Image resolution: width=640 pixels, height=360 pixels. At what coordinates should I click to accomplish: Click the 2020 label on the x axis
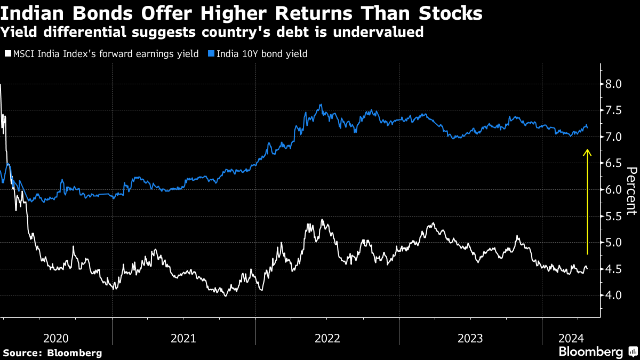pos(56,338)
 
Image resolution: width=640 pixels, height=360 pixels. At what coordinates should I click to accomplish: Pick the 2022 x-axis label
pos(327,338)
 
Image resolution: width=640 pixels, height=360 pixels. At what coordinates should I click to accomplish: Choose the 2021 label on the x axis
pos(184,338)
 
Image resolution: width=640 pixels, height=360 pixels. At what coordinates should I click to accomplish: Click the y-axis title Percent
pos(631,191)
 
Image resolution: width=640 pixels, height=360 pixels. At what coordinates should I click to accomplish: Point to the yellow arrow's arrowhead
pos(587,153)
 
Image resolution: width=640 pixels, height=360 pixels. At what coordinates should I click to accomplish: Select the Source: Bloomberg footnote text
pos(52,353)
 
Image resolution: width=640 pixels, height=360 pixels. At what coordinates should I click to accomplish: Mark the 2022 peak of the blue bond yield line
pos(320,105)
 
